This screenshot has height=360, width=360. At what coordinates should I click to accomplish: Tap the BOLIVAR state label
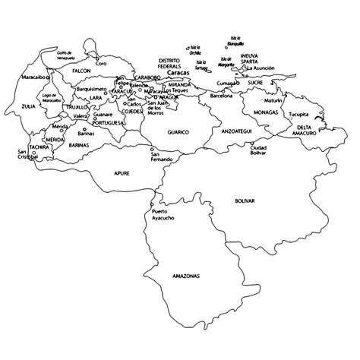(x=245, y=201)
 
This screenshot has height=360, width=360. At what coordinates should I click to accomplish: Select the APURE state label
(x=122, y=173)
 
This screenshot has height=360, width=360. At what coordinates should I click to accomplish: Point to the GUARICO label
(x=178, y=131)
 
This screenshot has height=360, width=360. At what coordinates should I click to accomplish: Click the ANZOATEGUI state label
(x=235, y=131)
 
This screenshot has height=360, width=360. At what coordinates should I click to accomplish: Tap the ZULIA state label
(x=29, y=106)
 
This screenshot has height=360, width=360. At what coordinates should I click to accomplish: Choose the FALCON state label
(x=81, y=71)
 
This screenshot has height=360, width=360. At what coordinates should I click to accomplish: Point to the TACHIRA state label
(x=39, y=147)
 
